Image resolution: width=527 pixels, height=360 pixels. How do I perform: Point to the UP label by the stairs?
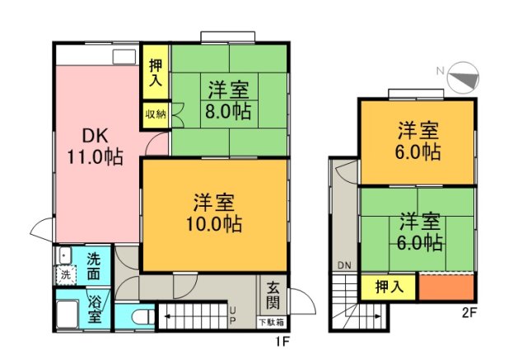pos(234,315)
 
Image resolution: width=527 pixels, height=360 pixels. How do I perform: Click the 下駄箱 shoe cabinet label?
pos(273,322)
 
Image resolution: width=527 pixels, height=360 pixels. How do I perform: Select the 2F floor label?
pos(469,313)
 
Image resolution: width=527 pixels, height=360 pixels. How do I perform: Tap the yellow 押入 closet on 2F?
pos(389,287)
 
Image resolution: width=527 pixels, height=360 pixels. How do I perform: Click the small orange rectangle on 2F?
pos(445,287)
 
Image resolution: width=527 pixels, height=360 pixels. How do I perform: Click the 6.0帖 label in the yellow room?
pos(418,152)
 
